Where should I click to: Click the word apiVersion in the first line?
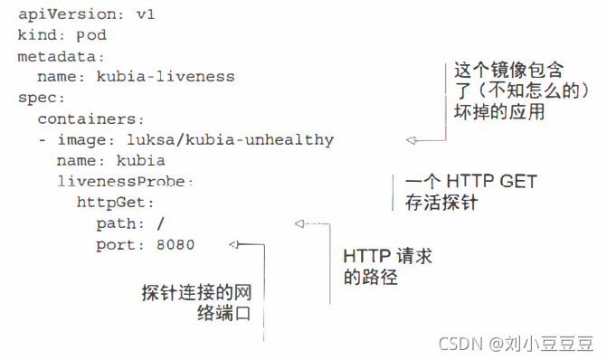click(55, 16)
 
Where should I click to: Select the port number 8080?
click(175, 243)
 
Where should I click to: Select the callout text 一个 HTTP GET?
click(470, 181)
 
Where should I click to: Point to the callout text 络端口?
click(222, 313)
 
